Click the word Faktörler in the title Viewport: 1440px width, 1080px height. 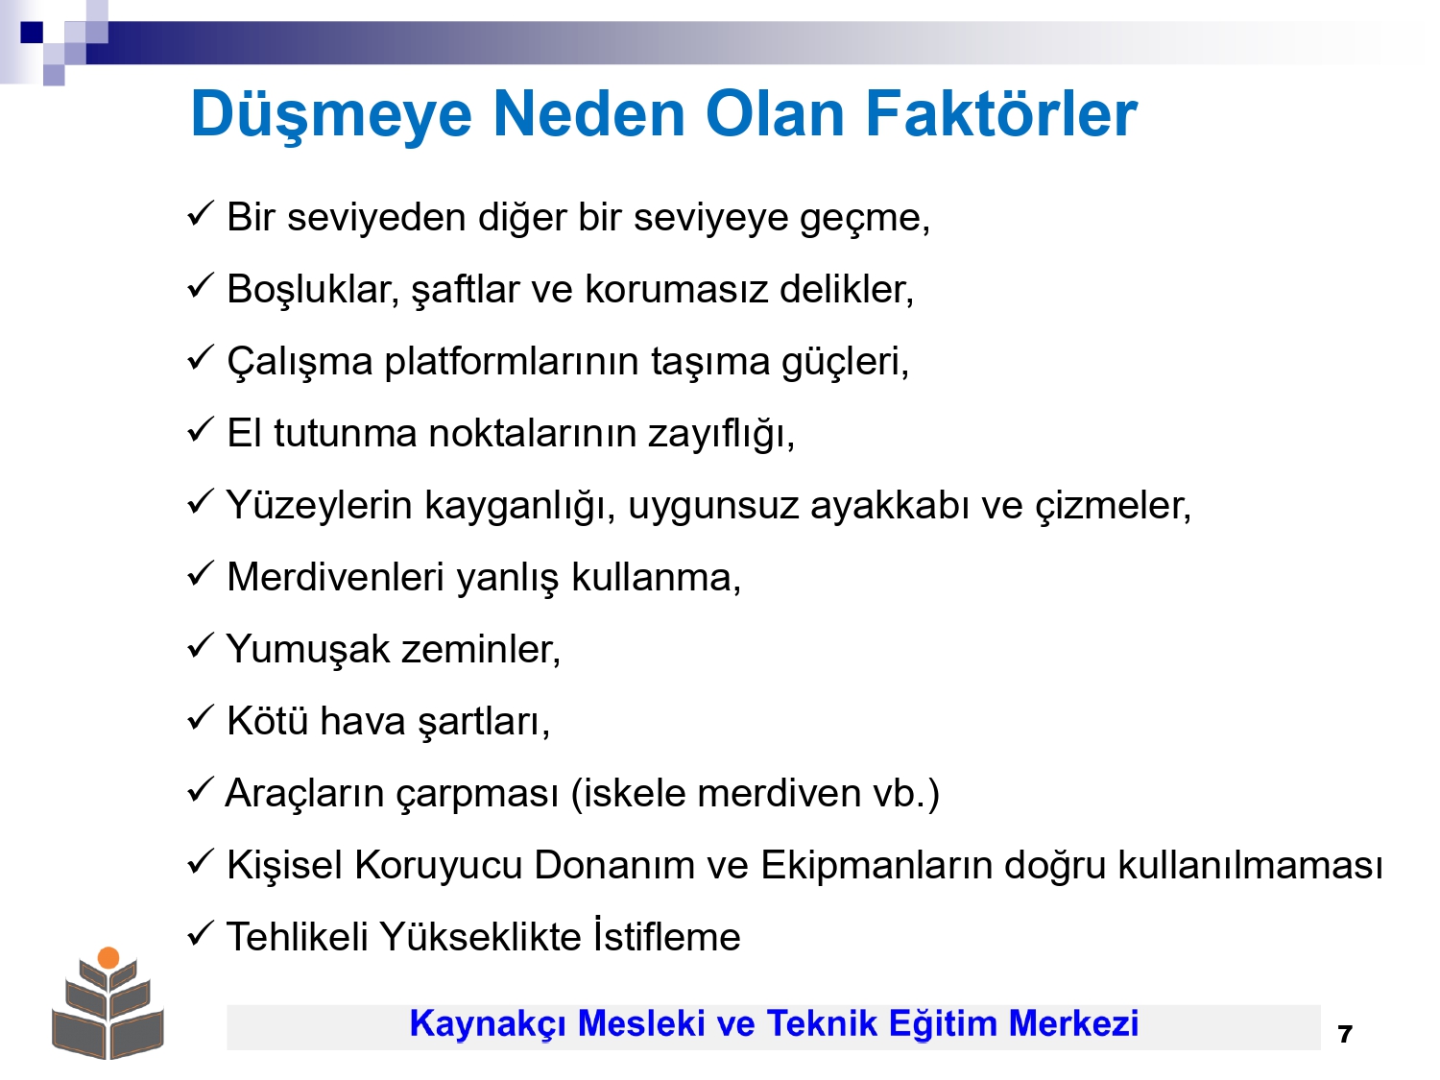coord(1001,114)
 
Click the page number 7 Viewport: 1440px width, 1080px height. coord(1344,1034)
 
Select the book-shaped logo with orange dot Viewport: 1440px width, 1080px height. coord(108,1003)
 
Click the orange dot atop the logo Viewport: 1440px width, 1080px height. coord(108,957)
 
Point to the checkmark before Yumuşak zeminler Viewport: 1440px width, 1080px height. coord(200,645)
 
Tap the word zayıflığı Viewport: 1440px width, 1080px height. coord(721,434)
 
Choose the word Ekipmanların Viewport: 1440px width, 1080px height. coord(876,865)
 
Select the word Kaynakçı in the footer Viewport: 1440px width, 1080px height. coord(488,1024)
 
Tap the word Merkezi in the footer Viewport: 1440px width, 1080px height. coord(1073,1023)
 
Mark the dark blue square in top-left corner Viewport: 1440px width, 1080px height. coord(32,32)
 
